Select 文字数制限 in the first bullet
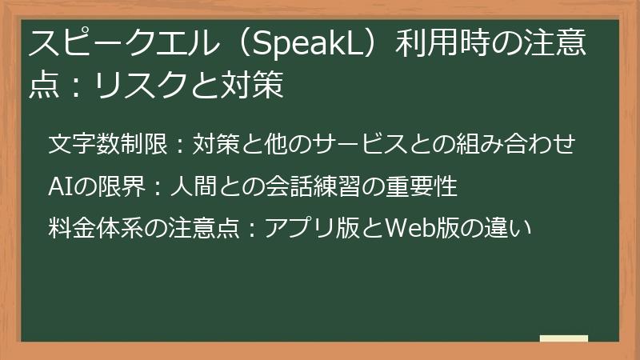coord(106,145)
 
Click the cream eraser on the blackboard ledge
coord(563,338)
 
